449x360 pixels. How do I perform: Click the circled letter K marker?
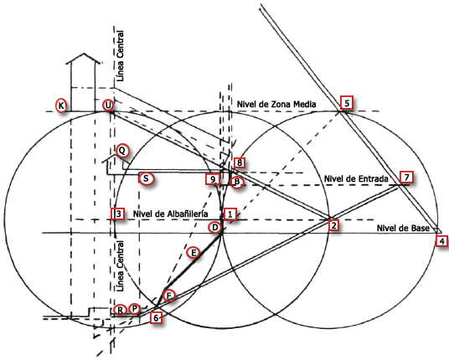coord(61,105)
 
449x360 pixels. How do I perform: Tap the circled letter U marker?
coord(108,105)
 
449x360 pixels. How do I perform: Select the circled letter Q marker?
coord(122,150)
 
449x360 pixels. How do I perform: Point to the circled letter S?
coord(146,178)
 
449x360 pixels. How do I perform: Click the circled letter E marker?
coord(194,253)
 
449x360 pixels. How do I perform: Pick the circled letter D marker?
coord(214,228)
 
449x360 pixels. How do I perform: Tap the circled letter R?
coord(121,310)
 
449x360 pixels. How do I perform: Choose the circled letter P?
coord(134,309)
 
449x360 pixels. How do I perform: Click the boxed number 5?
coord(347,103)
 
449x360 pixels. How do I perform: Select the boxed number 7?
coord(406,177)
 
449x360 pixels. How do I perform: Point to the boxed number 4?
coord(441,241)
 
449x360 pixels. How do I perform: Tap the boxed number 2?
coord(333,225)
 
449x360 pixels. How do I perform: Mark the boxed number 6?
coord(156,317)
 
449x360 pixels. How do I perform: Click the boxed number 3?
coord(118,213)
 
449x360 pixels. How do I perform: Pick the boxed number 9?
coord(213,179)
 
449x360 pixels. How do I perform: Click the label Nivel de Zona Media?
coord(276,105)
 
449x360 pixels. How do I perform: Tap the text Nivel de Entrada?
coord(356,179)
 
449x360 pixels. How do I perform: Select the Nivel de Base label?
coord(403,228)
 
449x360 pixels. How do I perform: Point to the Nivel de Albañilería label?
coord(170,213)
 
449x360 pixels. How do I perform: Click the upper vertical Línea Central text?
coord(121,56)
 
